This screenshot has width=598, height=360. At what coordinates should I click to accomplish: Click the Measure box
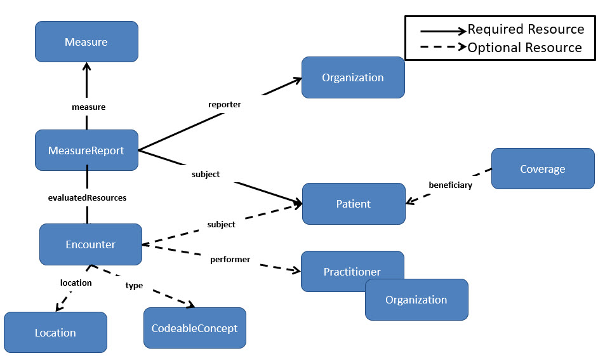tap(86, 42)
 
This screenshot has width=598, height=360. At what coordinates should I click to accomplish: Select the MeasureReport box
tap(86, 150)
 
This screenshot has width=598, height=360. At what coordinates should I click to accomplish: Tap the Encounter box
tap(90, 244)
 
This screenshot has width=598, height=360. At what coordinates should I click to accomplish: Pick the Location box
tap(55, 333)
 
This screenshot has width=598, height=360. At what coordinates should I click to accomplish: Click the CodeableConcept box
tap(194, 328)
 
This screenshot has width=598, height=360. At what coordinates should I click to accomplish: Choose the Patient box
tap(353, 204)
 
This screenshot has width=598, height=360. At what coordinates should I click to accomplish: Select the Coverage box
tap(542, 169)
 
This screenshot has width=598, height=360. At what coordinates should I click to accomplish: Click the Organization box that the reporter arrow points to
tap(352, 77)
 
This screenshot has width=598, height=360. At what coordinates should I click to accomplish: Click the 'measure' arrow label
tap(88, 107)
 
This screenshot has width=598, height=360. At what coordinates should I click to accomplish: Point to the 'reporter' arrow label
tap(225, 104)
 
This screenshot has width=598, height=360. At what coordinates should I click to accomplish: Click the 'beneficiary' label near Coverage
tap(450, 185)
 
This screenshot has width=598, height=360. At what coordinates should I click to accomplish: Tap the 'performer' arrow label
tap(230, 259)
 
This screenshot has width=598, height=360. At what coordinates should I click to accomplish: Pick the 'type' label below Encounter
tap(134, 286)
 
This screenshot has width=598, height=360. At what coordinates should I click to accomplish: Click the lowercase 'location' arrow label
tap(76, 283)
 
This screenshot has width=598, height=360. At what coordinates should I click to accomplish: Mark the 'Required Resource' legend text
tap(526, 29)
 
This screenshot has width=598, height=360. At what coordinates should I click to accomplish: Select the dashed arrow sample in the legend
tap(442, 48)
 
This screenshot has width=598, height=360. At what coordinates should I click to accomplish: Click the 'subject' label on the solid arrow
tap(205, 174)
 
